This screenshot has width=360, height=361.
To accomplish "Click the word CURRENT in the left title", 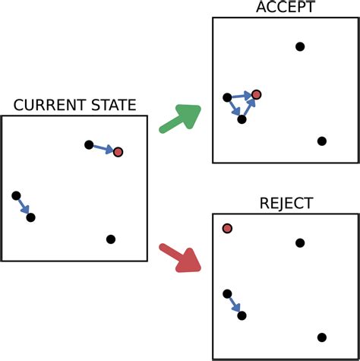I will tap(48, 106).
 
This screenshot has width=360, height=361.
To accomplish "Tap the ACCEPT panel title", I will tap(285, 8).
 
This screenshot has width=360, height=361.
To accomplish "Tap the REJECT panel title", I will tap(285, 204).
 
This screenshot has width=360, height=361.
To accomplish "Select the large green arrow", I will tap(180, 119).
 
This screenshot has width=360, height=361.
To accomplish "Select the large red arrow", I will tap(180, 257).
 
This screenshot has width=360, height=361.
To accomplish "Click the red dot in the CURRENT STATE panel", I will tap(118, 152).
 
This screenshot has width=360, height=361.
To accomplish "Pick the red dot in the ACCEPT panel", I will tap(257, 94).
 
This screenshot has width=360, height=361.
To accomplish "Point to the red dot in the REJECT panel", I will tap(227, 229).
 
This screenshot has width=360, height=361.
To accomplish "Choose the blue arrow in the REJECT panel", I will tap(234, 305).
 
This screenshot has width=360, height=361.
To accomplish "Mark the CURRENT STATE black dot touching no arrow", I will tap(111, 239).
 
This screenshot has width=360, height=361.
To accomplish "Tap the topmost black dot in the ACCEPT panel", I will tap(300, 47).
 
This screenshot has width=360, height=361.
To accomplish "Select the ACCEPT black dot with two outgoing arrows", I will tap(227, 97).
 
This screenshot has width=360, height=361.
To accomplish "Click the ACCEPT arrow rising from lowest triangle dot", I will tap(249, 107).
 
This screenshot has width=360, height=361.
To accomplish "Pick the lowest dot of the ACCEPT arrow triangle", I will tap(242, 119).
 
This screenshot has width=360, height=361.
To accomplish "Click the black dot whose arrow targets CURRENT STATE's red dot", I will tap(89, 144).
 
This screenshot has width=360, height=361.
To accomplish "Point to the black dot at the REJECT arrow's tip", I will tap(242, 315).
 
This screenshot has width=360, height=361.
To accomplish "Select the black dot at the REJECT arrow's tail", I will tap(227, 293).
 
